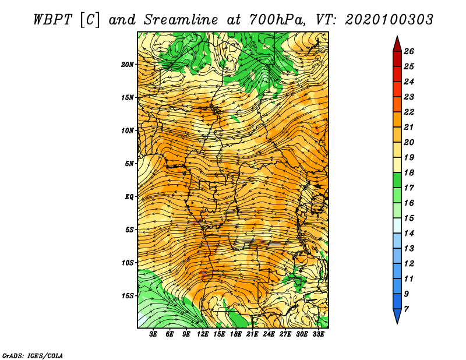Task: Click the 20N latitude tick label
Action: coord(127,65)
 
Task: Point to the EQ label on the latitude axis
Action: coord(129,197)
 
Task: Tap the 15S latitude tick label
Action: coord(128,296)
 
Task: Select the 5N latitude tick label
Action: coord(129,164)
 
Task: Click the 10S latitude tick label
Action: coord(128,263)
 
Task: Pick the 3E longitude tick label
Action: coord(153,334)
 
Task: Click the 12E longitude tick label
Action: coord(202,334)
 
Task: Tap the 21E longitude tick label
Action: coord(252,334)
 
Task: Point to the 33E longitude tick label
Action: coord(318,334)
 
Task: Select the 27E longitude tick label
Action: coord(285,334)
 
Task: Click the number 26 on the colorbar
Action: coord(409,51)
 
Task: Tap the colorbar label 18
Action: coord(409,172)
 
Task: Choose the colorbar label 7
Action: coord(406,309)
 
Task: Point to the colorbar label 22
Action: coord(409,112)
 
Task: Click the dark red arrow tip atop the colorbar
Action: coord(397,36)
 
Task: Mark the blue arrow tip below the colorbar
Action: coord(397,323)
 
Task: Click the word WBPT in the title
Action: coord(52,20)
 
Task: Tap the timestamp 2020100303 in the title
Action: coord(389,20)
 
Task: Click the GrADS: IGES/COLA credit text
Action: coord(33,356)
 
